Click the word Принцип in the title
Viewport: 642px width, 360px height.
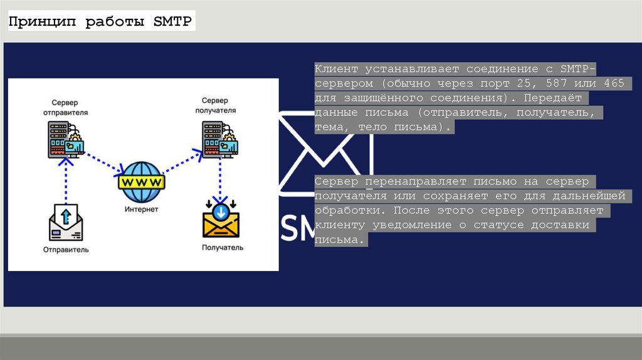pos(44,22)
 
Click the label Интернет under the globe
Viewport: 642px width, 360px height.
pos(141,209)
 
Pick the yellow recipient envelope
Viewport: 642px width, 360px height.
pos(221,220)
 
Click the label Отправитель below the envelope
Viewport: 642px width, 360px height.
pos(66,250)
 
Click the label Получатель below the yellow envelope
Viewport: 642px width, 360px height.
pos(223,248)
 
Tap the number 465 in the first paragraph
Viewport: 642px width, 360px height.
pos(614,83)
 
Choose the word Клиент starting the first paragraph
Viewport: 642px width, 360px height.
pos(337,69)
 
